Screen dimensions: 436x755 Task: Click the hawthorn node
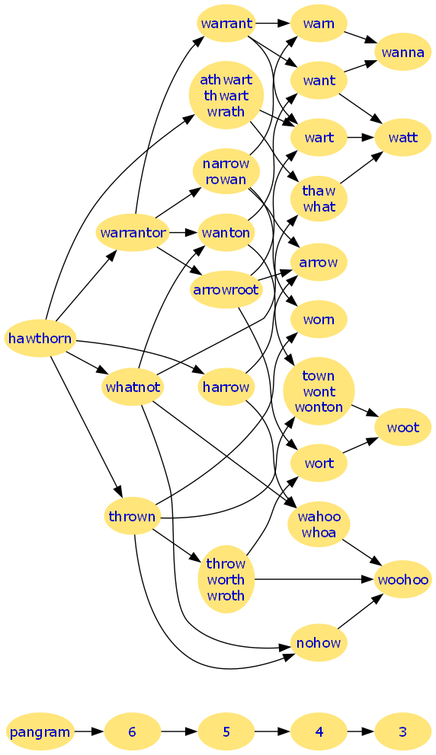(40, 339)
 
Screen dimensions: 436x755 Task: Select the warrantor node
(133, 233)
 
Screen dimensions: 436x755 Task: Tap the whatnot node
(133, 387)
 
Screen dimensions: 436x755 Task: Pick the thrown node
(132, 517)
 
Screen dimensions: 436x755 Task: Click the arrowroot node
(226, 290)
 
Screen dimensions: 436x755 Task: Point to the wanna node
(402, 52)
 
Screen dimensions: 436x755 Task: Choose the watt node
(402, 138)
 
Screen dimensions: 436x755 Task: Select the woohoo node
(402, 580)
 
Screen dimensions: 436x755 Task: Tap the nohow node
(319, 643)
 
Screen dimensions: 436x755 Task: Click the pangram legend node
(40, 732)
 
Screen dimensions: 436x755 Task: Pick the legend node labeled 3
(402, 732)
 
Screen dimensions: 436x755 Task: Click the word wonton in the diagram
(319, 407)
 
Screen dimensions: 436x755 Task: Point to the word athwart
(226, 79)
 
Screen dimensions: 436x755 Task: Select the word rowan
(226, 180)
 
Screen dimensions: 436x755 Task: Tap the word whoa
(319, 533)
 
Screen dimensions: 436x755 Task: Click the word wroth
(226, 596)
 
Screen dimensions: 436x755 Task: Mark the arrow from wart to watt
(361, 138)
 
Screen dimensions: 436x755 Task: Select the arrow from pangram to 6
(89, 732)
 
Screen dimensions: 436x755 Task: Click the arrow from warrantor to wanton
(184, 233)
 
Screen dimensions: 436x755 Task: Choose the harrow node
(226, 387)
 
